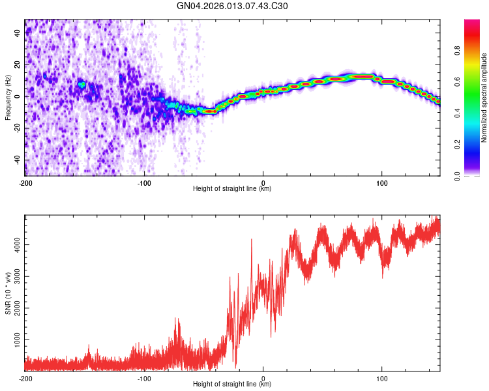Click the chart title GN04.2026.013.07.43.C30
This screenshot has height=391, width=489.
point(233,6)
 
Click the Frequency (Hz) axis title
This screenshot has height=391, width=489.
point(8,97)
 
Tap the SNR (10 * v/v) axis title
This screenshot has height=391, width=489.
point(8,293)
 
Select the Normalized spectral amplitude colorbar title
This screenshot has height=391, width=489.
point(484,98)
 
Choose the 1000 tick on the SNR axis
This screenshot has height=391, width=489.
point(14,340)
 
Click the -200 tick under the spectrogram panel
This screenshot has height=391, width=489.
point(25,182)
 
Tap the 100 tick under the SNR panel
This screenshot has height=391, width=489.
point(381,378)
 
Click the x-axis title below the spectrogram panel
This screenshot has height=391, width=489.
point(232,189)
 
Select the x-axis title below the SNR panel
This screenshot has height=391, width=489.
point(232,384)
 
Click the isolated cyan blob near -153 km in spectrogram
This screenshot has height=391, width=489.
point(81,85)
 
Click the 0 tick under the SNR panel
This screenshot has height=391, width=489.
point(263,378)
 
